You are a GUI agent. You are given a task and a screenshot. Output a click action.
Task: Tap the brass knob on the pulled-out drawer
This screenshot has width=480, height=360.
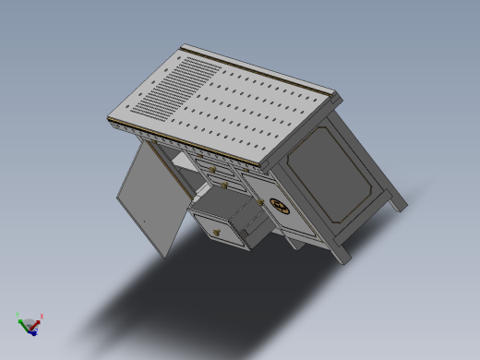tap(218, 231)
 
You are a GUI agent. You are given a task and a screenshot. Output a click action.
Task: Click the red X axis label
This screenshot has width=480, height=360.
tap(42, 316)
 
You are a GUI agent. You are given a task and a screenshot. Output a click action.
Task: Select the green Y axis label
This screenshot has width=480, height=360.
tap(18, 316)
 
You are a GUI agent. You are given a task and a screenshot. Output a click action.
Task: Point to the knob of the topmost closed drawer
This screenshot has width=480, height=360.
tap(212, 169)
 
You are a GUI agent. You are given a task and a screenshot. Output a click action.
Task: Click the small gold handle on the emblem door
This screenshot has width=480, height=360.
tap(262, 202)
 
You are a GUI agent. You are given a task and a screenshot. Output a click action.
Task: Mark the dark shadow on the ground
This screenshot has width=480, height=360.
tap(185, 295)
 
